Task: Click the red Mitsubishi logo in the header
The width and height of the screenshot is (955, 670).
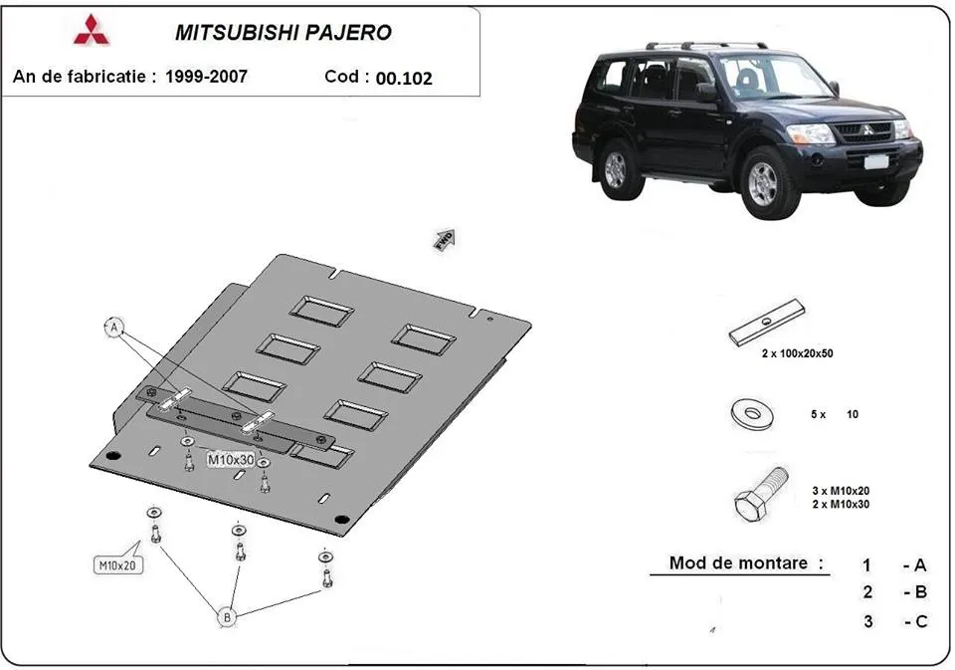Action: click(92, 31)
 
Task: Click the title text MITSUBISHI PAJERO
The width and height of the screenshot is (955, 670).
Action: click(284, 32)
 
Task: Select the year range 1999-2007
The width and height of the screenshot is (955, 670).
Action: click(206, 76)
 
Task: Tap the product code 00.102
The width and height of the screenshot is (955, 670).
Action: click(404, 78)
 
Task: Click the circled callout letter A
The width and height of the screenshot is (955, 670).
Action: click(115, 327)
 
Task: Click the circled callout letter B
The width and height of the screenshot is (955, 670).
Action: click(227, 618)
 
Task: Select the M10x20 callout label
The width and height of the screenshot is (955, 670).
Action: click(117, 565)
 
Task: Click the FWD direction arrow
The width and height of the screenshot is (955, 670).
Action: click(444, 239)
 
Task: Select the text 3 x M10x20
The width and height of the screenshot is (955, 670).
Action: click(842, 490)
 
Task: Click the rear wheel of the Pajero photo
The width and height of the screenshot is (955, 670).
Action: click(617, 167)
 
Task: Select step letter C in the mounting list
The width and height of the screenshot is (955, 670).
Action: click(919, 621)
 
